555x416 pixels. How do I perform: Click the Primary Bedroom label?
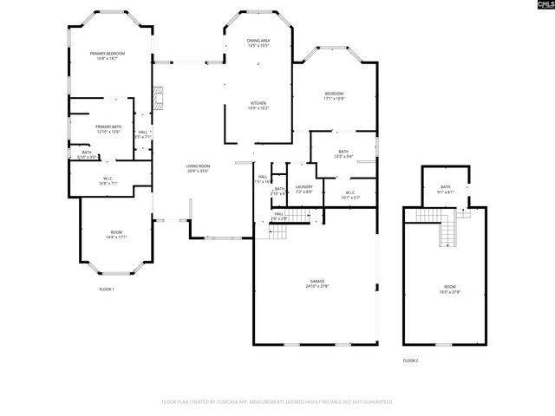click(x=108, y=54)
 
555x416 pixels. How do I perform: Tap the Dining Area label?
click(x=258, y=41)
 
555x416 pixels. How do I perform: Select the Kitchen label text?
click(x=258, y=103)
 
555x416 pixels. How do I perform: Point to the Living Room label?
click(x=198, y=166)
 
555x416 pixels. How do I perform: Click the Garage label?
click(x=317, y=282)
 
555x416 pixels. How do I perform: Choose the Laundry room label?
click(x=304, y=186)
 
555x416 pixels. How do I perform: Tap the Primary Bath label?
click(x=108, y=127)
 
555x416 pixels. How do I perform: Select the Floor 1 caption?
click(x=107, y=289)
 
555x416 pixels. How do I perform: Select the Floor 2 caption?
click(x=410, y=360)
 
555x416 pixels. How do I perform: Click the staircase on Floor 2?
click(x=448, y=231)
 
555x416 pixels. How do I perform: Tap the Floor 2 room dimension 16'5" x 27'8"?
click(x=450, y=292)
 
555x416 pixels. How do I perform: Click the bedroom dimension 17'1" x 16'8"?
click(x=334, y=99)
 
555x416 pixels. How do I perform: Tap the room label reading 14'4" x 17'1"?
click(x=116, y=237)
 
